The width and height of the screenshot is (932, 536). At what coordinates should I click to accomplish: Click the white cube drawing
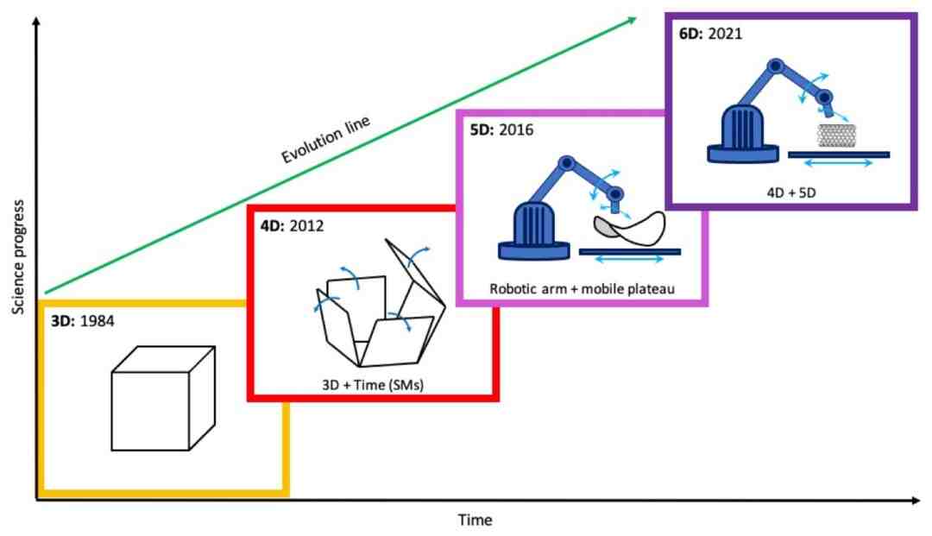tap(163, 398)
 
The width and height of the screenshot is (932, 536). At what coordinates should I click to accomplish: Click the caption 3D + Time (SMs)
tap(374, 380)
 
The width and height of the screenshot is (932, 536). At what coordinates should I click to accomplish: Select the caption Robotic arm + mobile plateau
tap(581, 287)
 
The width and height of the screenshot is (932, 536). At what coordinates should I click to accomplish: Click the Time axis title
tap(475, 520)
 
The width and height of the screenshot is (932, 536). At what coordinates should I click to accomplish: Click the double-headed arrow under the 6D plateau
tap(839, 163)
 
